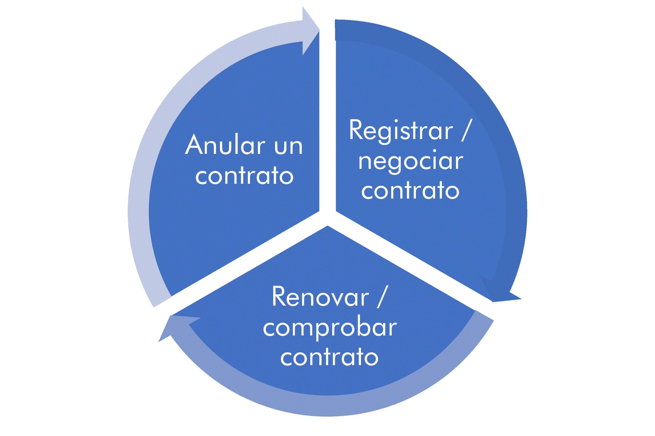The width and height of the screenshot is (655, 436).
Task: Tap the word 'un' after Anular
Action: (289, 147)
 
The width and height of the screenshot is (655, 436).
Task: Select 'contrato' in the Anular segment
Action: (244, 176)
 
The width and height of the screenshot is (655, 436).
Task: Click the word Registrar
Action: (401, 132)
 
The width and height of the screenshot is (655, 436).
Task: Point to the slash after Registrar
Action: (467, 130)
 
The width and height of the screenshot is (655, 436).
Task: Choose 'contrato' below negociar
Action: (410, 190)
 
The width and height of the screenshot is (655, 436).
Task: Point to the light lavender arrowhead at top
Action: (311, 30)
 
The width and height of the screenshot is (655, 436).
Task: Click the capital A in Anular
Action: (194, 144)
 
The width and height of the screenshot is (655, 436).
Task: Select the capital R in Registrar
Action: (357, 129)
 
